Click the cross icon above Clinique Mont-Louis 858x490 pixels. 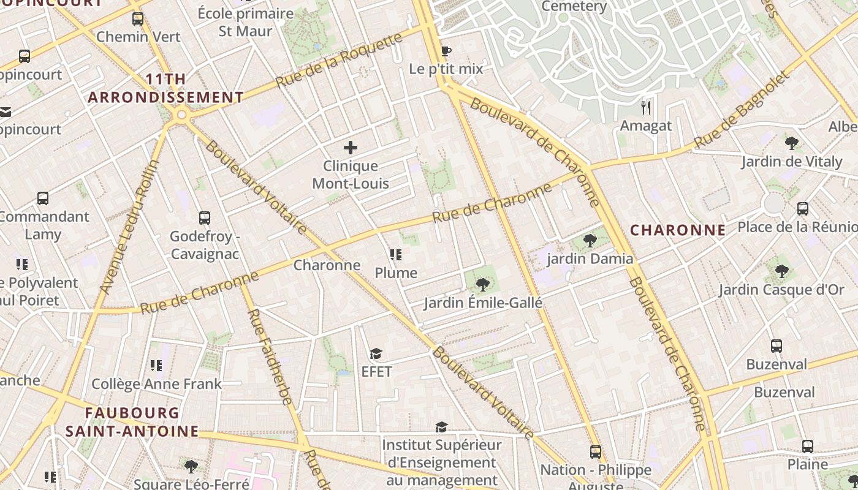pos(351,148)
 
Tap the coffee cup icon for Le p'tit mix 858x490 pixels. pos(446,51)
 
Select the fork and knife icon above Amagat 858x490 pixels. pos(645,108)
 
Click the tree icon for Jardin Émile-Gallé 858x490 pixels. pos(483,284)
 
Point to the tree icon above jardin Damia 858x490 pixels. pos(590,240)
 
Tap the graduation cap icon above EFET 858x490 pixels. pos(376,353)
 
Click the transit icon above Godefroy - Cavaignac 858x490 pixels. pos(205,218)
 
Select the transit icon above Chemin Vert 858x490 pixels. pos(138,18)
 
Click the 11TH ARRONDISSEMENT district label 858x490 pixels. pos(166,88)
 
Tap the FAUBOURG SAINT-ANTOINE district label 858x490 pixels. pos(132,422)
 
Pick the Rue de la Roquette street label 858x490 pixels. pos(338,60)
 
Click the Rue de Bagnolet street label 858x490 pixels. pos(742,110)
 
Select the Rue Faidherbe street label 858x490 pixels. pos(270,356)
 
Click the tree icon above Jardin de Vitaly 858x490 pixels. pos(791,144)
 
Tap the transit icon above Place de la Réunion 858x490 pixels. pos(803,209)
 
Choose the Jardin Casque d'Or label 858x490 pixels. pos(781,290)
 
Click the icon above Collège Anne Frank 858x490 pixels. pos(156,366)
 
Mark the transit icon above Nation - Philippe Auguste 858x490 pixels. pos(595,452)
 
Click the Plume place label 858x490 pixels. pos(396,273)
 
